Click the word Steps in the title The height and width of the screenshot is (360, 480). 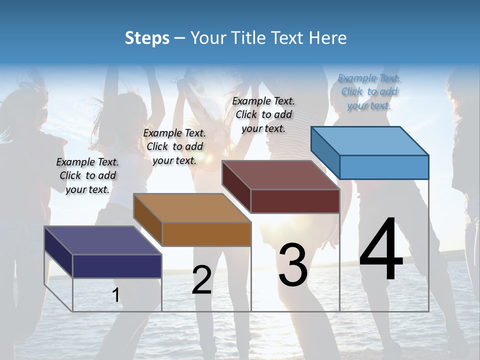[147, 38]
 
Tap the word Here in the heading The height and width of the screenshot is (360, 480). [327, 38]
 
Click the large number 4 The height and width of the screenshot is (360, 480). [381, 250]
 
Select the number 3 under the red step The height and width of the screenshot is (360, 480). [293, 265]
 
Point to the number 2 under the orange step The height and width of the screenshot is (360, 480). [201, 280]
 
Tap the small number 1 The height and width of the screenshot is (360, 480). [116, 295]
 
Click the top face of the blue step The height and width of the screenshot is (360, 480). [370, 140]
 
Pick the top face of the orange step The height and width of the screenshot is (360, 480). [192, 208]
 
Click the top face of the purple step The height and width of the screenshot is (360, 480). [103, 240]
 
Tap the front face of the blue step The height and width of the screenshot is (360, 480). [384, 167]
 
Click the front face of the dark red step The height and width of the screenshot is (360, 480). [295, 201]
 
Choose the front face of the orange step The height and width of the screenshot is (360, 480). [206, 234]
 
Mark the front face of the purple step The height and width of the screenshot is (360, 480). [117, 266]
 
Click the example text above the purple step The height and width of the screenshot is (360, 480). [87, 175]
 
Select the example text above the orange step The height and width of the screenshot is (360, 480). [174, 146]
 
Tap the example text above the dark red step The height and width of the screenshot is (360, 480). [263, 114]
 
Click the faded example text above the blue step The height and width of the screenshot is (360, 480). [369, 91]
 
